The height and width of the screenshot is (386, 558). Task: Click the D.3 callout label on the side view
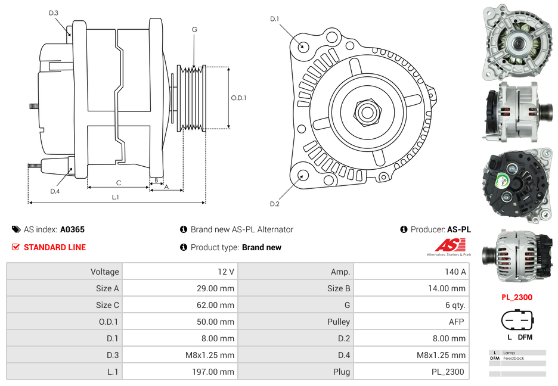[54, 13]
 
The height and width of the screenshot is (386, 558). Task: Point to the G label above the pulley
[194, 30]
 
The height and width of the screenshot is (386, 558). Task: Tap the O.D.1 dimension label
[238, 98]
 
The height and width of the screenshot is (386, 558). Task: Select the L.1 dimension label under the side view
[116, 197]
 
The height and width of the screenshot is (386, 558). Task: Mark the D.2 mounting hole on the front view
[303, 175]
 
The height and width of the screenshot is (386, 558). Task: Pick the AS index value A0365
[72, 229]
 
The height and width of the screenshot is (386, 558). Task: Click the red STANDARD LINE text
[55, 247]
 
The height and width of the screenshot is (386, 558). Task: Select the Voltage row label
[105, 272]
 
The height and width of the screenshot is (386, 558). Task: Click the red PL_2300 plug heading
[516, 297]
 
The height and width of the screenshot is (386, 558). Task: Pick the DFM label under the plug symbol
[525, 337]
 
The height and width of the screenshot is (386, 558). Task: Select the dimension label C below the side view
[119, 183]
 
